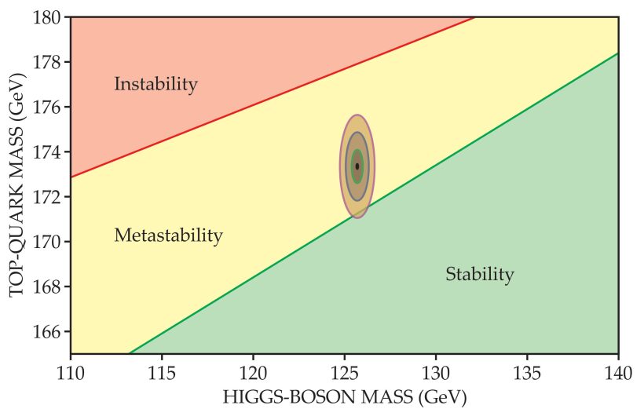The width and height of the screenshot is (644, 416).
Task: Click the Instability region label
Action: click(x=156, y=84)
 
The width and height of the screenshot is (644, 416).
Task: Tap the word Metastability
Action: click(x=168, y=235)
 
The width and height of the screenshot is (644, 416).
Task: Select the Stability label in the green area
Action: click(x=479, y=275)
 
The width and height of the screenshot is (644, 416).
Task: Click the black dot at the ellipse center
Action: click(x=357, y=166)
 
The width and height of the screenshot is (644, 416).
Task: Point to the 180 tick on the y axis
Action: click(x=48, y=16)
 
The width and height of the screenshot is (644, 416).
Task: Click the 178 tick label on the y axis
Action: click(x=48, y=62)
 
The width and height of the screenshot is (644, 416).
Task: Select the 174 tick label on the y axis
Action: click(x=48, y=151)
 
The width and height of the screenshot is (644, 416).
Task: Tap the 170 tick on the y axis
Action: click(x=48, y=242)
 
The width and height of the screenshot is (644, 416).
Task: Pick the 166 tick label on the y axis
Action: click(x=48, y=331)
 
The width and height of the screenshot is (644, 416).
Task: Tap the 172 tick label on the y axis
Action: click(x=48, y=197)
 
